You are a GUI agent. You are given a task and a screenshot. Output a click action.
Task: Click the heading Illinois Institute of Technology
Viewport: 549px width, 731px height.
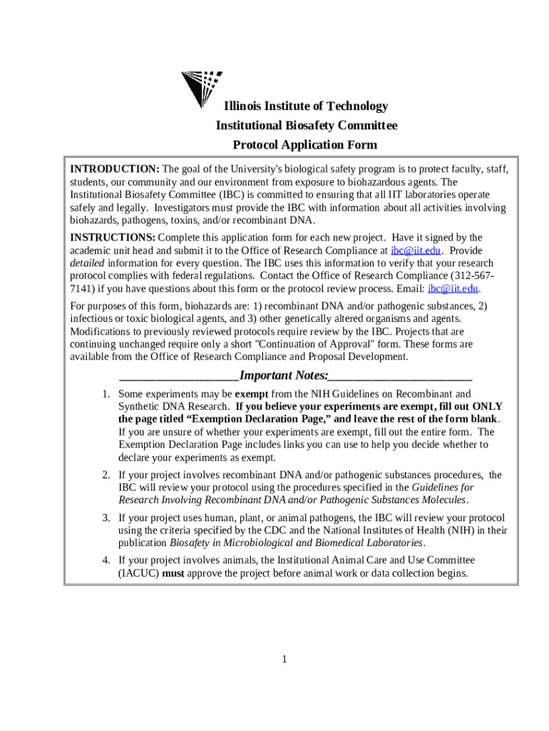(306, 106)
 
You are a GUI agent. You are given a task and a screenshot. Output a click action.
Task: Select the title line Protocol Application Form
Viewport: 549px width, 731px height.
(305, 145)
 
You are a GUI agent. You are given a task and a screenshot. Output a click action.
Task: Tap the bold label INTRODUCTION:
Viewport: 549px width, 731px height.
(114, 169)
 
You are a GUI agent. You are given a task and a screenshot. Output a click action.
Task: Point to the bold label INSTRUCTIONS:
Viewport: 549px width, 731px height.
(112, 238)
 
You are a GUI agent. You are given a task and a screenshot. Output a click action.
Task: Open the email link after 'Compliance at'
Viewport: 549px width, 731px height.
(416, 251)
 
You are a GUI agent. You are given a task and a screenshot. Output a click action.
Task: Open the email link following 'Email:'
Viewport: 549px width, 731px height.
(453, 289)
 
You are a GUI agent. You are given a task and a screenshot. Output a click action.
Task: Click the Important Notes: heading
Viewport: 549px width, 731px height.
(284, 376)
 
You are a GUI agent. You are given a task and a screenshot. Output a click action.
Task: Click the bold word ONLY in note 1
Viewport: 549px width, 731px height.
(488, 406)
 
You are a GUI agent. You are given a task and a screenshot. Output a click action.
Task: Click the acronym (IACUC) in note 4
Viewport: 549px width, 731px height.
(139, 573)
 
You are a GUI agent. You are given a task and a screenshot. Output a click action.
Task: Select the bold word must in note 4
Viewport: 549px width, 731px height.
(175, 573)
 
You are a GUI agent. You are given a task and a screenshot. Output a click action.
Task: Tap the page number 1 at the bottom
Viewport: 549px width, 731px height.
(284, 659)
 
